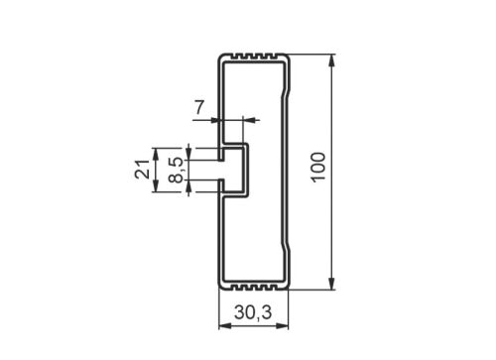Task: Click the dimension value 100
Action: click(317, 172)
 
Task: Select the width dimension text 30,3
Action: click(252, 311)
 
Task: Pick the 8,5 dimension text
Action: click(176, 169)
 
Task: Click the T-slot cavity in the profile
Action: click(232, 170)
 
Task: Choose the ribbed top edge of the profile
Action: click(253, 56)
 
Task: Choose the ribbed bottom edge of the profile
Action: click(253, 288)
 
